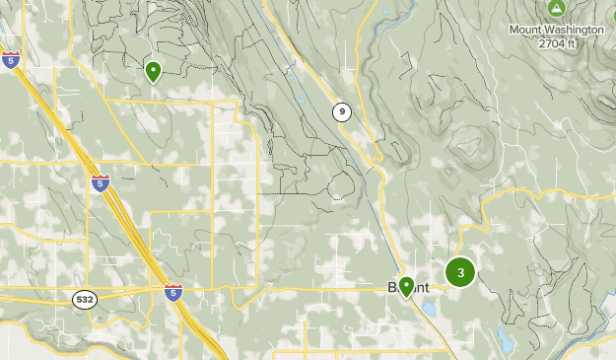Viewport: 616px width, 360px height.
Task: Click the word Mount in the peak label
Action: tap(527, 30)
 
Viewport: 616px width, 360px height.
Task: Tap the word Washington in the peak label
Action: tap(576, 30)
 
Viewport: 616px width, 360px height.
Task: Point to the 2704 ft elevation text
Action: tap(557, 43)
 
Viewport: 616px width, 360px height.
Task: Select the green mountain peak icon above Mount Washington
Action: tap(556, 9)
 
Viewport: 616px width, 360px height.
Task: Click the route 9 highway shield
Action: tap(341, 111)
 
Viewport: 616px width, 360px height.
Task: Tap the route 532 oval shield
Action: tap(85, 299)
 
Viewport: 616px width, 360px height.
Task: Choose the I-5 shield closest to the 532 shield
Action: tap(172, 292)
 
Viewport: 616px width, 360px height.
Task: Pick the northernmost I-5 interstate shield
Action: tap(11, 60)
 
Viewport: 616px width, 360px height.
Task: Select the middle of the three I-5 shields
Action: tap(100, 183)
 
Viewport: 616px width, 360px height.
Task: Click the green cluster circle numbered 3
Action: tap(460, 272)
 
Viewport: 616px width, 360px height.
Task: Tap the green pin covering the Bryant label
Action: tap(406, 286)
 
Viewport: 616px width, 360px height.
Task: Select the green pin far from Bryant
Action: tap(153, 71)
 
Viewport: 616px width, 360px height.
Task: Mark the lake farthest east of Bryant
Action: tap(504, 342)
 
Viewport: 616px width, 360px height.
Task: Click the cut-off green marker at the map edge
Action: tap(612, 17)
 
